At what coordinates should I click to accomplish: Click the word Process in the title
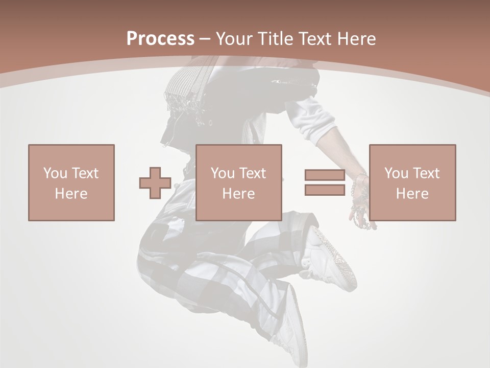(x=160, y=39)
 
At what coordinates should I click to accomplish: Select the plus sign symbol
(x=155, y=183)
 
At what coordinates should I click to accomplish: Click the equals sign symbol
(x=325, y=182)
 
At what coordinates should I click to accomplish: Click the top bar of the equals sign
(x=325, y=175)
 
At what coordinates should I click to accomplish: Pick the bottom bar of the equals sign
(x=325, y=190)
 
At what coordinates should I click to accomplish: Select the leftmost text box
(x=71, y=182)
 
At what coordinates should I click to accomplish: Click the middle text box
(x=238, y=182)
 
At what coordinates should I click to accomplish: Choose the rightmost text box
(x=412, y=182)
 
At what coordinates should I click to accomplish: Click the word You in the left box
(x=55, y=173)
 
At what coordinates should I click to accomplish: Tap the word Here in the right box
(x=412, y=194)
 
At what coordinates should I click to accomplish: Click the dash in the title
(x=205, y=39)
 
